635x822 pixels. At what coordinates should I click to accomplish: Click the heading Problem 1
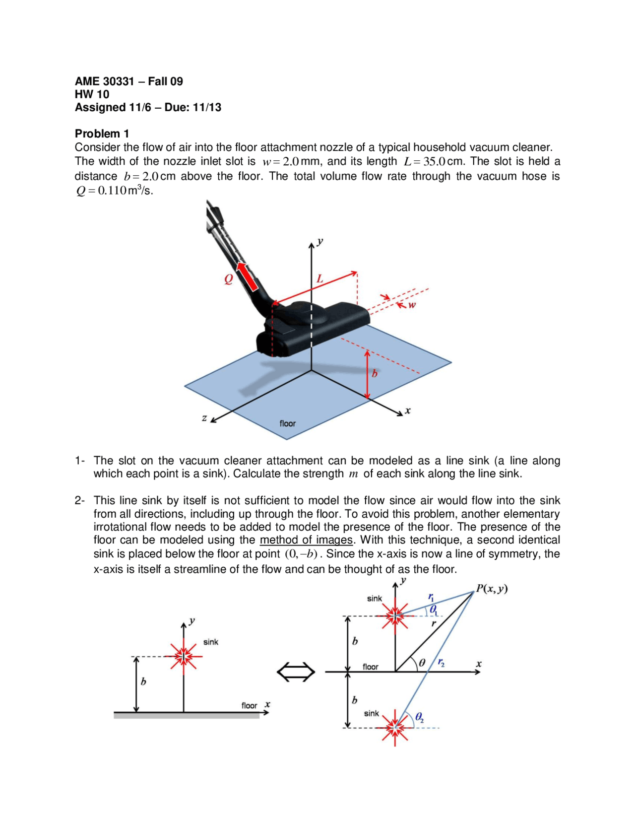coord(102,134)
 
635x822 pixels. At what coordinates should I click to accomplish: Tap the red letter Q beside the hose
coord(228,279)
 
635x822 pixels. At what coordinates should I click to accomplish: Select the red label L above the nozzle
coord(320,278)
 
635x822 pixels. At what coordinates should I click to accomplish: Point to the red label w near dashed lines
coord(412,305)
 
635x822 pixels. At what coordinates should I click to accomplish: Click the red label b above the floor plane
coord(375,373)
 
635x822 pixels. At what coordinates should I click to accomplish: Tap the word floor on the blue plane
coord(287,423)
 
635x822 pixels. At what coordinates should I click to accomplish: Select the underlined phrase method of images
coord(306,540)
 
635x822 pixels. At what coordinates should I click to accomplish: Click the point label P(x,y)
coord(492,589)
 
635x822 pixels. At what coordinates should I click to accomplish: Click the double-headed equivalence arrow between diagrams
coord(296,673)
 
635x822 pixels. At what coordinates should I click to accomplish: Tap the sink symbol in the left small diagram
coord(184,656)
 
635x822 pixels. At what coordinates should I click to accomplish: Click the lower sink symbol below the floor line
coord(395,728)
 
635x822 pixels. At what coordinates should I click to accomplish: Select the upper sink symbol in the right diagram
coord(395,616)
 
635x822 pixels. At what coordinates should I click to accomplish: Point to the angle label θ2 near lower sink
coord(419,717)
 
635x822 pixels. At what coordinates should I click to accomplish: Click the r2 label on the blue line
coord(441,663)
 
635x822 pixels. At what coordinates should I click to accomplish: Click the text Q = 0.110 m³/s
coord(114,191)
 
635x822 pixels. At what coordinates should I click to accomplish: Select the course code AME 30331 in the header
coord(104,81)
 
